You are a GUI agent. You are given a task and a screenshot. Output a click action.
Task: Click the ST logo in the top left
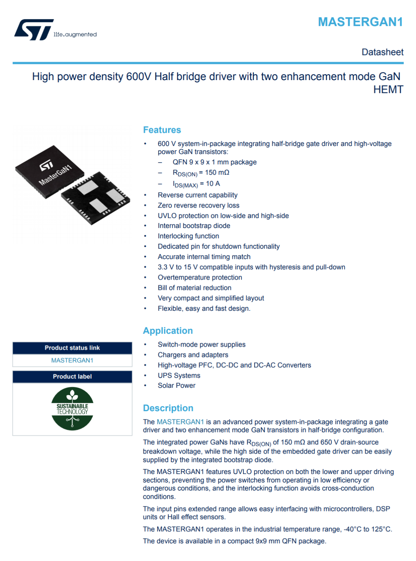pyautogui.click(x=34, y=30)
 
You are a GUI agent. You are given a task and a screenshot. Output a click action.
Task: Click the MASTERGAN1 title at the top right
pyautogui.click(x=360, y=22)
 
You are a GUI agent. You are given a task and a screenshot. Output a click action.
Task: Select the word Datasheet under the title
pyautogui.click(x=382, y=52)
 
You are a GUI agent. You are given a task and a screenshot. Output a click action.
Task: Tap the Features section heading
pyautogui.click(x=162, y=130)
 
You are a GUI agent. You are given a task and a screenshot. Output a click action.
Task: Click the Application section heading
pyautogui.click(x=168, y=331)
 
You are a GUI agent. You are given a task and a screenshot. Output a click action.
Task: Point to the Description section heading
pyautogui.click(x=168, y=408)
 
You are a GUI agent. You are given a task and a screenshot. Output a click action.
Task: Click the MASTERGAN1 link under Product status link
pyautogui.click(x=72, y=360)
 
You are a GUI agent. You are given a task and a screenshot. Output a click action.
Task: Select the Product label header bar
pyautogui.click(x=72, y=377)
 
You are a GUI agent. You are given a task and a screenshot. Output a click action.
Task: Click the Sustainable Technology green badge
pyautogui.click(x=72, y=409)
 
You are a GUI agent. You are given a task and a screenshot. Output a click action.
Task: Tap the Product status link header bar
pyautogui.click(x=72, y=348)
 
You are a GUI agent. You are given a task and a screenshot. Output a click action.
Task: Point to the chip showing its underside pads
pyautogui.click(x=96, y=198)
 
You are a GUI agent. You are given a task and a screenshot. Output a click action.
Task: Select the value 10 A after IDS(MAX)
pyautogui.click(x=213, y=184)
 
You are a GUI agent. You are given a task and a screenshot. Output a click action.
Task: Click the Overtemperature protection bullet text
pyautogui.click(x=200, y=277)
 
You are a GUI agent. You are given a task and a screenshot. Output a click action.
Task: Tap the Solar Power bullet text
pyautogui.click(x=176, y=385)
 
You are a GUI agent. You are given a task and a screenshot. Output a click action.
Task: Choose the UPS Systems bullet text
pyautogui.click(x=179, y=375)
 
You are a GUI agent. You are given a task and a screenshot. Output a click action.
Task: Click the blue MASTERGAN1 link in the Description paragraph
pyautogui.click(x=180, y=422)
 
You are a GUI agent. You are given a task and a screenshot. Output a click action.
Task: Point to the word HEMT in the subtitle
pyautogui.click(x=387, y=90)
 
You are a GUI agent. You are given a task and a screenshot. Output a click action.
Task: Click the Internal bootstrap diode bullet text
pyautogui.click(x=194, y=226)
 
